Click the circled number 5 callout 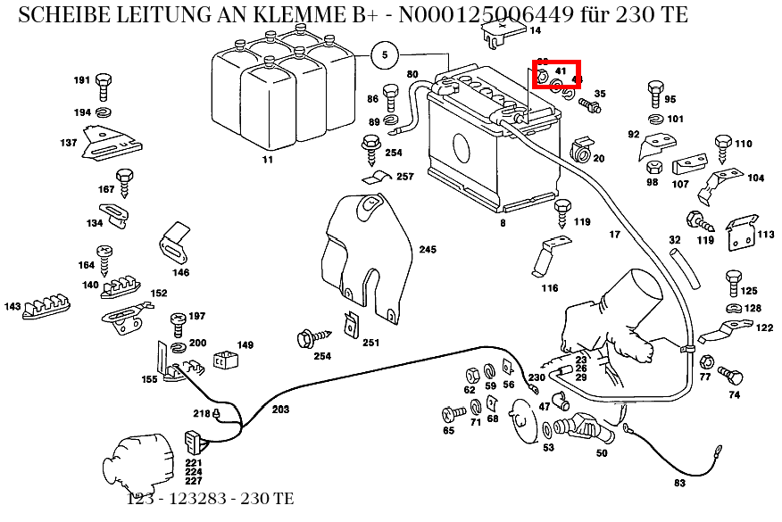click(385, 54)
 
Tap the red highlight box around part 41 click(557, 74)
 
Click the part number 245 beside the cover click(428, 250)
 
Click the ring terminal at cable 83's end click(629, 433)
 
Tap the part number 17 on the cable click(614, 235)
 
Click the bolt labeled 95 click(653, 93)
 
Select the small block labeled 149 click(225, 361)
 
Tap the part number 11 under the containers click(267, 160)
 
